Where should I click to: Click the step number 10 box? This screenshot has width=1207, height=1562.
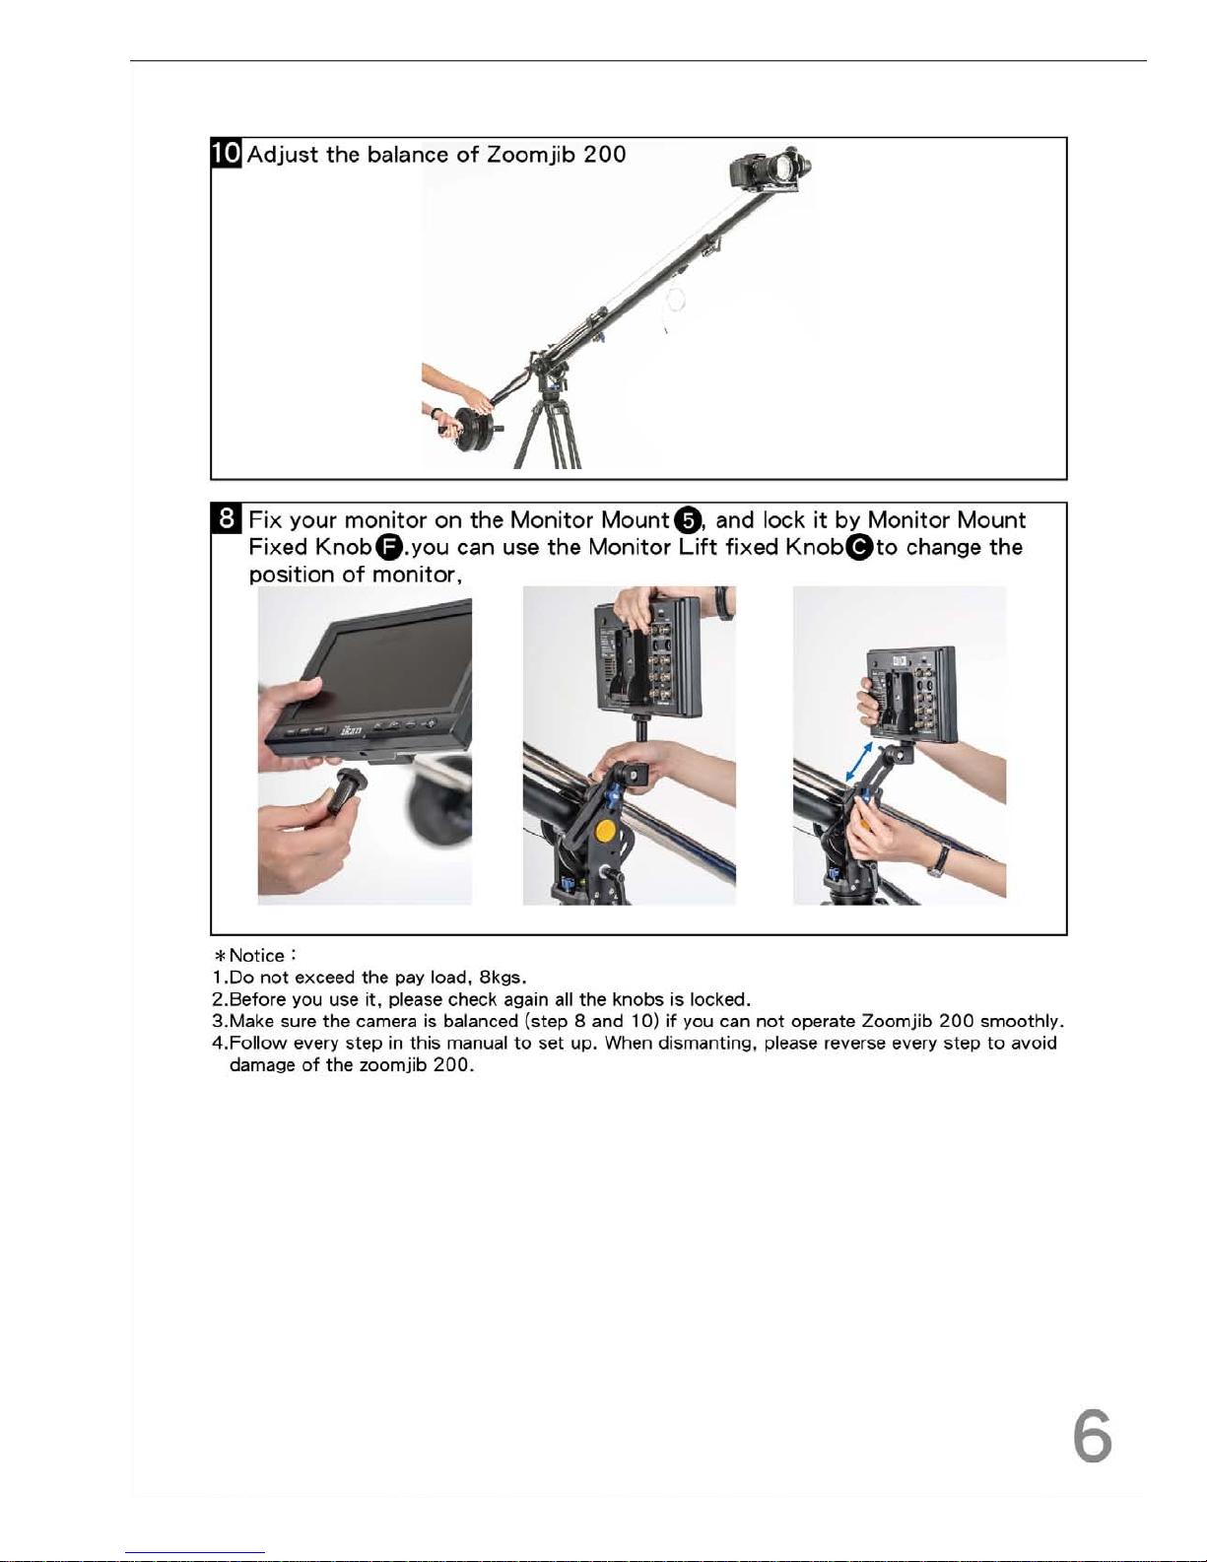tap(227, 153)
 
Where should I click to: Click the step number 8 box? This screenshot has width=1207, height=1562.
tap(227, 518)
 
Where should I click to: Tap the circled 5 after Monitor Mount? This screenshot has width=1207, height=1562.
tap(689, 519)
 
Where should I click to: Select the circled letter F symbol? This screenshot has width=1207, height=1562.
tap(389, 548)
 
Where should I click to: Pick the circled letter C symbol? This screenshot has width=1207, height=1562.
tap(859, 548)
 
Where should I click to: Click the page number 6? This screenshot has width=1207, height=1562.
tap(1092, 1435)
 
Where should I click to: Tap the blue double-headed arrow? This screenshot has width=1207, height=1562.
tap(859, 762)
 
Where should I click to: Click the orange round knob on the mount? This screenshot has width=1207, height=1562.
tap(606, 831)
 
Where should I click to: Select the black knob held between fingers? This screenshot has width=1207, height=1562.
tap(347, 791)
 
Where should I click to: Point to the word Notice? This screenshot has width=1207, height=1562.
tap(256, 955)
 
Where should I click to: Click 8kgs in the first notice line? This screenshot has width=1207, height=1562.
tap(503, 978)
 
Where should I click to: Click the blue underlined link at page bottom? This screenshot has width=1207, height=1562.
tap(195, 1553)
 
